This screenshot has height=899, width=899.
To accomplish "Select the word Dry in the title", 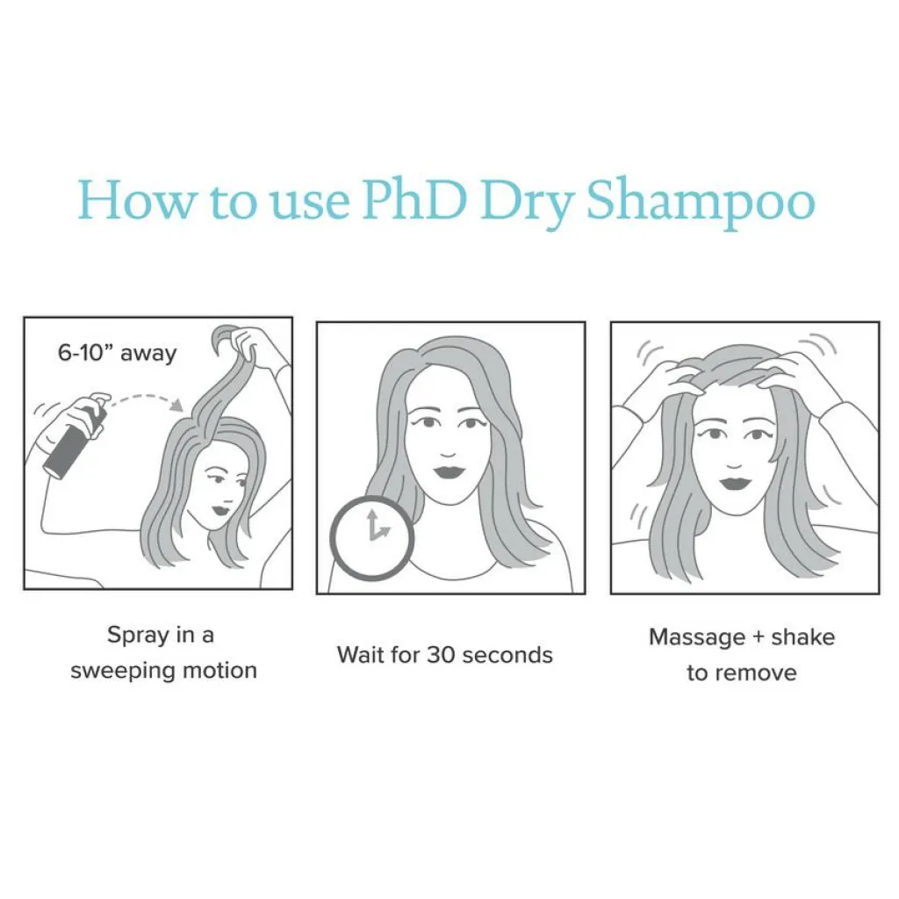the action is [x=527, y=206].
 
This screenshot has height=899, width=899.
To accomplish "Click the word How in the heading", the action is [x=136, y=201].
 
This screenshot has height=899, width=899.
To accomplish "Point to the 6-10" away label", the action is [x=117, y=353].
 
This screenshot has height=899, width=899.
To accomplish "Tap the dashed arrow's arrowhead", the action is [x=177, y=405].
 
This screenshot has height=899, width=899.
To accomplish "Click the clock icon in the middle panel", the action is [x=371, y=537].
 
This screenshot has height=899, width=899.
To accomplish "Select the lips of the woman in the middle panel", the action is [x=449, y=473].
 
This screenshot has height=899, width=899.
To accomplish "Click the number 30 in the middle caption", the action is [x=441, y=655].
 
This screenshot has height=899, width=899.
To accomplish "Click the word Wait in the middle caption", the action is [x=360, y=655].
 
